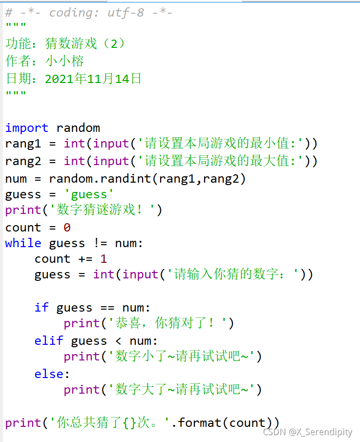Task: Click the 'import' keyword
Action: point(26,128)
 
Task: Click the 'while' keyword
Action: point(23,243)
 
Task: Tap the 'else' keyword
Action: point(49,374)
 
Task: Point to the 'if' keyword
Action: point(42,308)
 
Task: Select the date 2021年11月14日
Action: point(93,79)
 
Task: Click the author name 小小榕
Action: point(64,61)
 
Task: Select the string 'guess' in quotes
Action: point(89,194)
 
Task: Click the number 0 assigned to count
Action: point(67,228)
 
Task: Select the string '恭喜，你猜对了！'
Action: point(166,323)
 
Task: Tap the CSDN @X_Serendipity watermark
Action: point(307,432)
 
